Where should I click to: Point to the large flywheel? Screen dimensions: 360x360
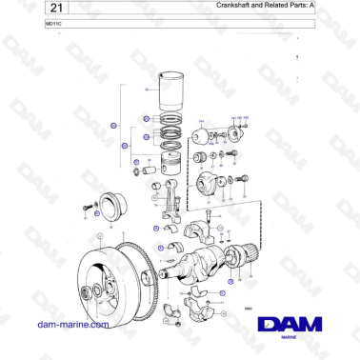pyautogui.click(x=103, y=278)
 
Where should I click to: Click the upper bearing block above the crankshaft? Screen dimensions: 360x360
pyautogui.click(x=202, y=230)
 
